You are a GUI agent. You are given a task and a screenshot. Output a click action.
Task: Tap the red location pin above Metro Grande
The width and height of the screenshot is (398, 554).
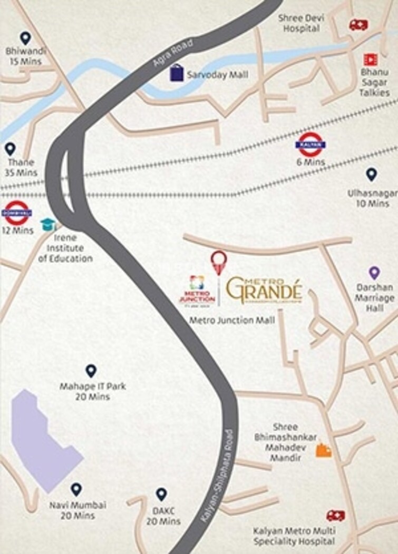(219, 262)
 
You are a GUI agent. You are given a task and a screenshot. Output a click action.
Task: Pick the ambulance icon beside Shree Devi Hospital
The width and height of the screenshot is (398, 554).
(358, 25)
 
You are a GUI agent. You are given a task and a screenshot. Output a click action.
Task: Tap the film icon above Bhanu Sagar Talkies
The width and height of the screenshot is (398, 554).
(370, 60)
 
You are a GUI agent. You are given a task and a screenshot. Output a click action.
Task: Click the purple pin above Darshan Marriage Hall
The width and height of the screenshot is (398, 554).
(374, 272)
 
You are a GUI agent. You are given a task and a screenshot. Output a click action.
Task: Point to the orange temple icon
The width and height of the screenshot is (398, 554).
(323, 450)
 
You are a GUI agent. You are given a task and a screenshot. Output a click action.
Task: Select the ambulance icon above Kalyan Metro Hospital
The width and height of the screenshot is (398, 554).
(335, 516)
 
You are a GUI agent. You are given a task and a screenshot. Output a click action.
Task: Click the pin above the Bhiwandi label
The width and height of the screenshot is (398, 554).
(25, 37)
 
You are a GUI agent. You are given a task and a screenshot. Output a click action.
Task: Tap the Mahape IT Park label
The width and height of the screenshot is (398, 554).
(92, 391)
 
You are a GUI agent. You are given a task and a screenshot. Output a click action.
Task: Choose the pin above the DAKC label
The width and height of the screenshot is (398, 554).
(161, 494)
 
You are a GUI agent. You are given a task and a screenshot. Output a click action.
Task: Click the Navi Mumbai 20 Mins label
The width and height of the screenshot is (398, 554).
(77, 510)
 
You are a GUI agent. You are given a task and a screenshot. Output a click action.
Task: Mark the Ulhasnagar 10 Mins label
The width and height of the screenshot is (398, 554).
(371, 198)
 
